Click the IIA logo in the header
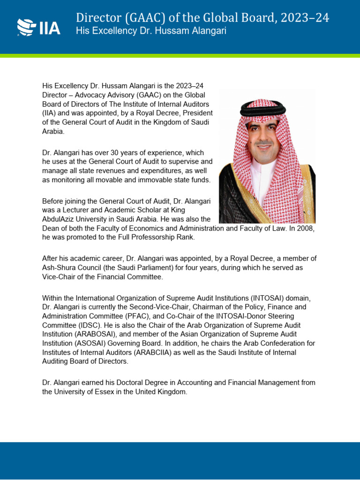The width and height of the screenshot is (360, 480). click(39, 27)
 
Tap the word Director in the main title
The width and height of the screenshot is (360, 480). click(97, 18)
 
